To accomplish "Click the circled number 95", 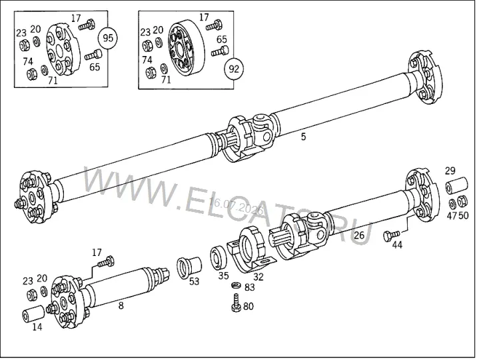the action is (x=108, y=38).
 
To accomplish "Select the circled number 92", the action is (x=234, y=69).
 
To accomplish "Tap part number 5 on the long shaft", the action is (x=303, y=137).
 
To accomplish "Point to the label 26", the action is (x=359, y=235).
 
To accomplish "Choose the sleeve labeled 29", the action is (x=456, y=185).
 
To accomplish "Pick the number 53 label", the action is (x=194, y=281).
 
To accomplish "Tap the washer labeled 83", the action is (x=235, y=286).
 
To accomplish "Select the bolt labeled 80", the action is (x=236, y=303).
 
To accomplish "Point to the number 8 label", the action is (x=121, y=305).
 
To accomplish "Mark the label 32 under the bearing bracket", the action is (x=258, y=277).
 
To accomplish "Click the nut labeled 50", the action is (x=462, y=201).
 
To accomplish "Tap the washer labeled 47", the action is (x=452, y=203).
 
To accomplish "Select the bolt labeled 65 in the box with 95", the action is (x=93, y=55).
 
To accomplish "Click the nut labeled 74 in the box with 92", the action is (x=150, y=73).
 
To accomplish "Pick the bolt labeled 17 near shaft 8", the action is (x=106, y=262).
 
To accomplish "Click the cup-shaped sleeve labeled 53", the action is (x=189, y=267).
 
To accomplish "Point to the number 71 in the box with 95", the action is (x=53, y=81).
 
